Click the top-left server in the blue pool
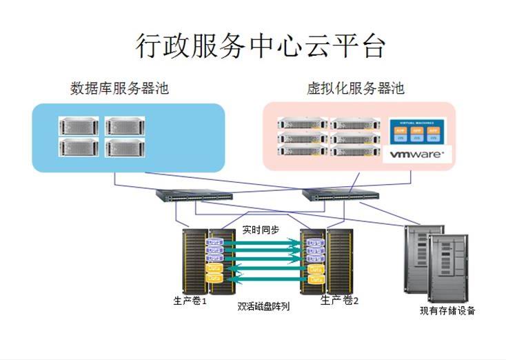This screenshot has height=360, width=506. coord(80,125)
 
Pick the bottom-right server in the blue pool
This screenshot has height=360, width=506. coord(126,146)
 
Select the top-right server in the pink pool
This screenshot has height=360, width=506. coord(355,124)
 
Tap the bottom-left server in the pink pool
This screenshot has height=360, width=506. coord(301,150)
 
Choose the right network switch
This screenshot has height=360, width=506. coord(341,196)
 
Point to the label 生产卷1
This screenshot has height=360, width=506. coord(190,301)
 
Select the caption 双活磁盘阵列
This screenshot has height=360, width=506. coord(263,306)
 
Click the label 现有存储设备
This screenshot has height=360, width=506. coord(447,310)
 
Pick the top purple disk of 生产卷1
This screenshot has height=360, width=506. coord(214,243)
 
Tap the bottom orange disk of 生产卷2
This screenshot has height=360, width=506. coord(315,279)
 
